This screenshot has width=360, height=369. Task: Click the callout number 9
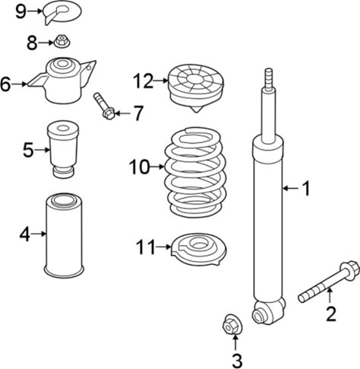pyautogui.click(x=21, y=11)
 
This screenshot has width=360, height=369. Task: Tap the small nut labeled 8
pyautogui.click(x=62, y=42)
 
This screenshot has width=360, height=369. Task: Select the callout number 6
pyautogui.click(x=5, y=84)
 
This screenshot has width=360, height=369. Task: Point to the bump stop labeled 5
pyautogui.click(x=63, y=149)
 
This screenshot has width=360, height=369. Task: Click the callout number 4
pyautogui.click(x=25, y=235)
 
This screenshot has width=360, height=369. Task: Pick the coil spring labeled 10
pyautogui.click(x=195, y=172)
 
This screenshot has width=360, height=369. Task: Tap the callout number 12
pyautogui.click(x=144, y=81)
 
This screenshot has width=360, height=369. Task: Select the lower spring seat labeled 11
pyautogui.click(x=198, y=249)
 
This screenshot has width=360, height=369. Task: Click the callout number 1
pyautogui.click(x=306, y=188)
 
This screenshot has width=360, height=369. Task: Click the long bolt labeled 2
pyautogui.click(x=328, y=282)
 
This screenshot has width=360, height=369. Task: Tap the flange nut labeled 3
pyautogui.click(x=232, y=324)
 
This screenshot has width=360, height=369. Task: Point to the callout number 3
pyautogui.click(x=237, y=361)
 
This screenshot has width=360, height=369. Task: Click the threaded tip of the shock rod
pyautogui.click(x=269, y=78)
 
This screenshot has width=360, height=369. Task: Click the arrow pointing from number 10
pyautogui.click(x=157, y=166)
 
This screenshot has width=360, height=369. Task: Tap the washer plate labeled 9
pyautogui.click(x=62, y=12)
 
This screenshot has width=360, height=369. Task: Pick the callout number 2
pyautogui.click(x=331, y=314)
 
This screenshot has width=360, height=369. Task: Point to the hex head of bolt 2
pyautogui.click(x=350, y=270)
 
